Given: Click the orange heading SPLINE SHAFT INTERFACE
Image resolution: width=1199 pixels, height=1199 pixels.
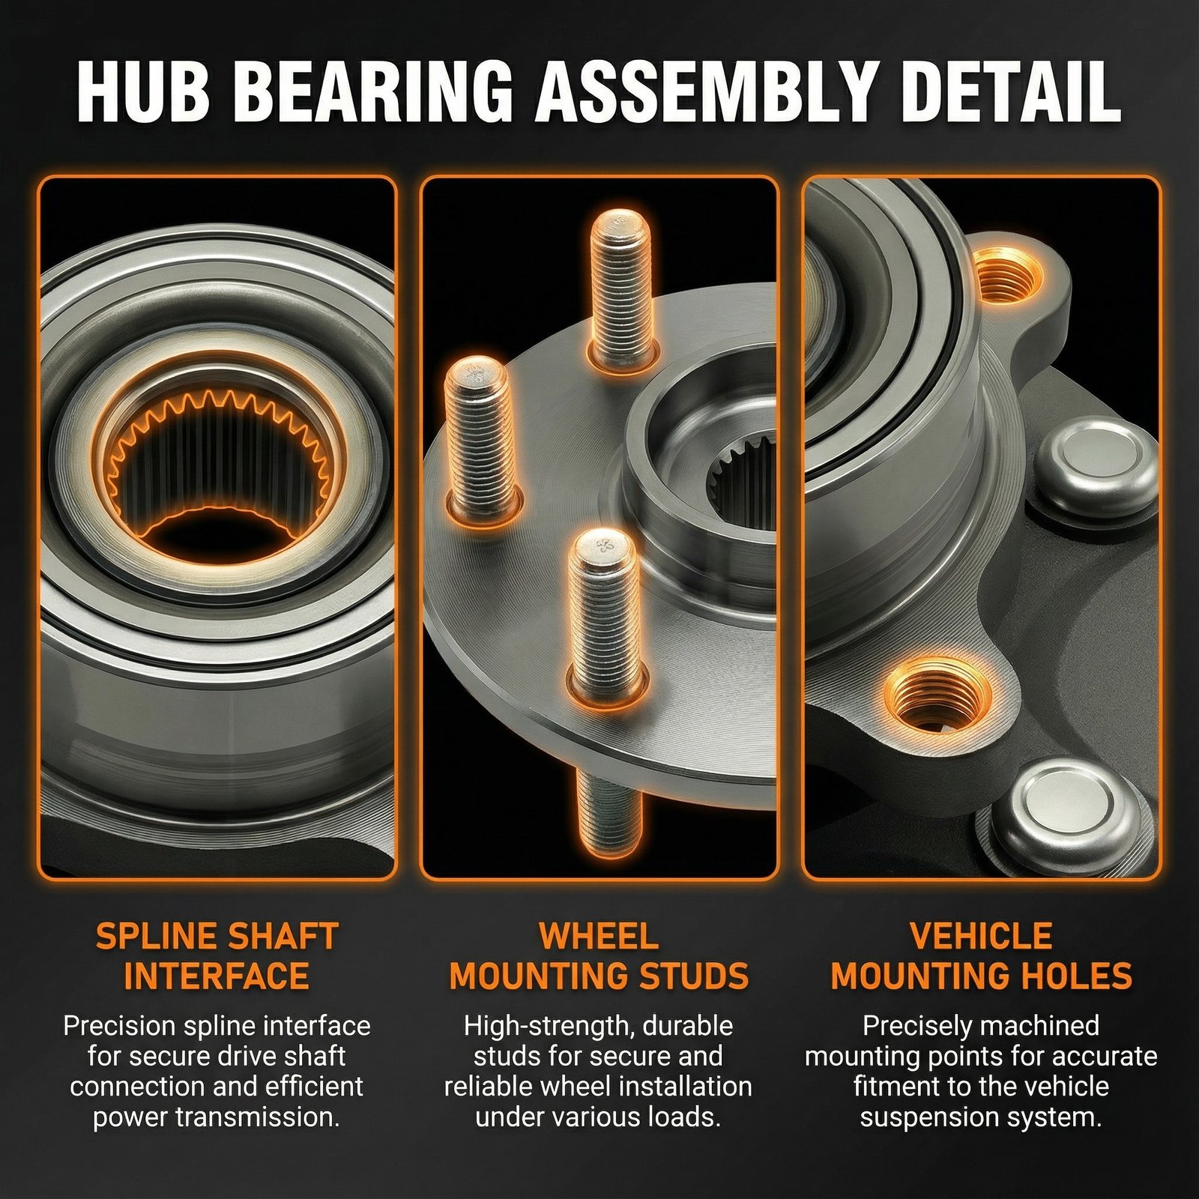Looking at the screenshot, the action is point(217,956).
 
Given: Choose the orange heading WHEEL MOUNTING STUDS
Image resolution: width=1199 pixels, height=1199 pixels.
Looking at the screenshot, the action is point(599,956).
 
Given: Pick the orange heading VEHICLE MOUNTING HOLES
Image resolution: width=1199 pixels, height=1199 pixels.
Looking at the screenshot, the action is point(981,956).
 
